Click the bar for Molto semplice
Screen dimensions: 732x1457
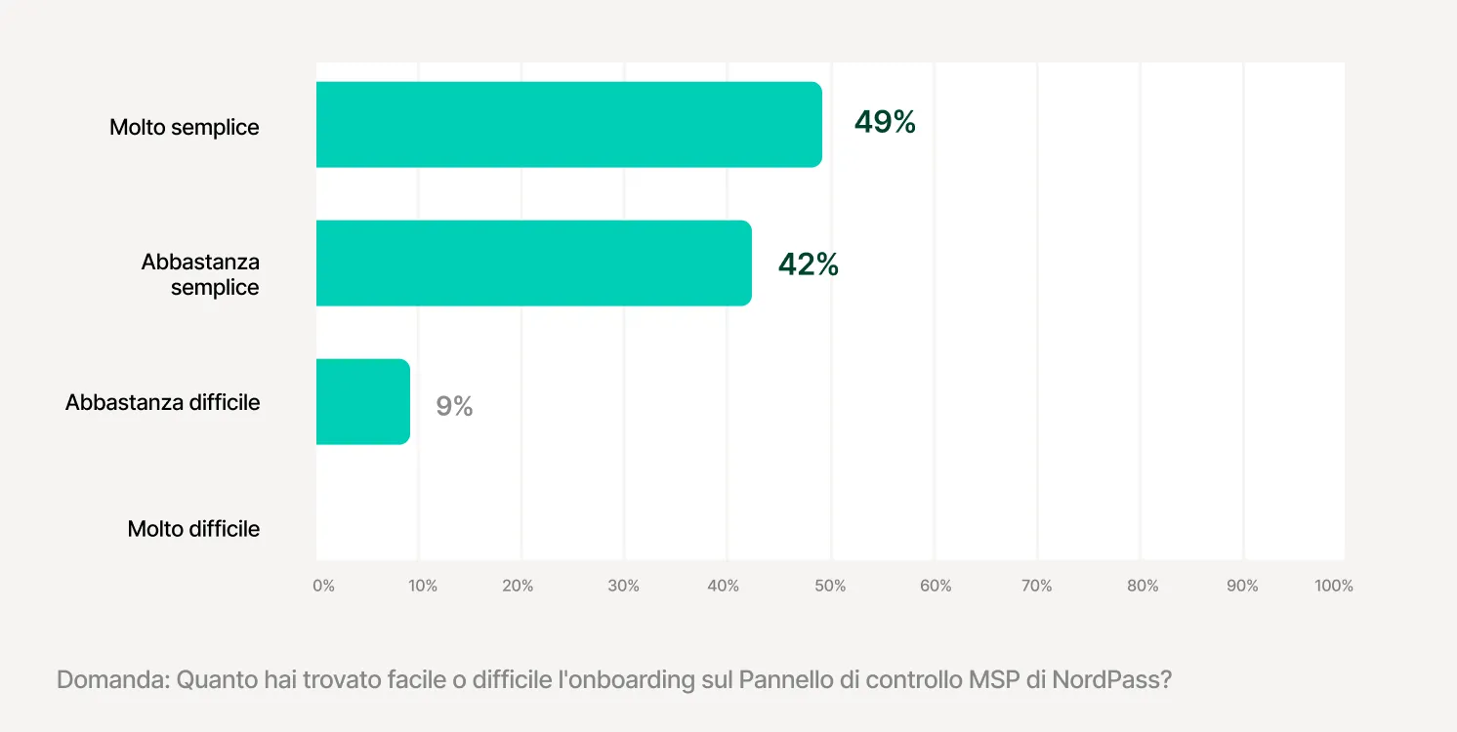568,124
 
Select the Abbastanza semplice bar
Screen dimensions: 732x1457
533,263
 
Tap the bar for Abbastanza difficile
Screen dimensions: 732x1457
362,401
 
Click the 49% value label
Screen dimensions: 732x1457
885,122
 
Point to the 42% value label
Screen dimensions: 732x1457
809,264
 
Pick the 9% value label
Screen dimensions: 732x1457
454,406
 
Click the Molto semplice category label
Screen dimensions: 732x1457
185,127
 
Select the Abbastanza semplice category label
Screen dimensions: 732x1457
200,274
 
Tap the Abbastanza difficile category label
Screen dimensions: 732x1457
163,402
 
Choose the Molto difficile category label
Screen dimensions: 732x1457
193,529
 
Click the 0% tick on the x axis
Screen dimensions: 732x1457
323,586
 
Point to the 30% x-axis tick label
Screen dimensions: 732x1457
623,586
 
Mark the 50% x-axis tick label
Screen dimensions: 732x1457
830,586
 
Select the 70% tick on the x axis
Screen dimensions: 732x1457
1036,586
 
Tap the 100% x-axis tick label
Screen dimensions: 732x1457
1334,586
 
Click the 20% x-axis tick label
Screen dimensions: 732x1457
519,586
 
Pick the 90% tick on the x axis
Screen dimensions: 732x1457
1242,586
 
